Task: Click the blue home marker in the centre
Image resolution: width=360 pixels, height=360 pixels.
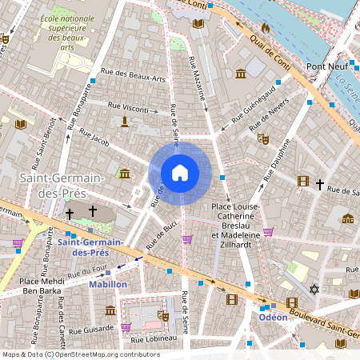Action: point(180,172)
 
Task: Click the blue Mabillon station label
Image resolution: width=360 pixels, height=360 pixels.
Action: point(108,284)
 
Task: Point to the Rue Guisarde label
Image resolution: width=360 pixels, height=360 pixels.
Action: point(90,329)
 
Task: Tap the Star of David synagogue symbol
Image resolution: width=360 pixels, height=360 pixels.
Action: point(314,288)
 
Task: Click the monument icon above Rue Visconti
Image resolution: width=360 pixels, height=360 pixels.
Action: point(125,121)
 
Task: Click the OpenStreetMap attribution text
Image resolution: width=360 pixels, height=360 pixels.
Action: point(82,354)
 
